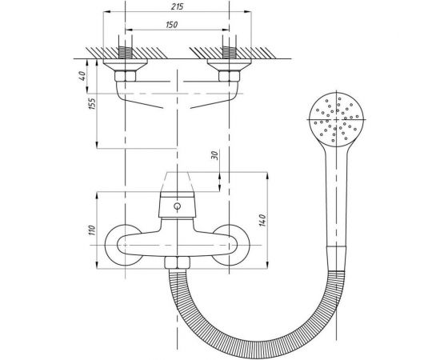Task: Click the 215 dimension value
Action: click(178, 6)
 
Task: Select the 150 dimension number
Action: click(172, 25)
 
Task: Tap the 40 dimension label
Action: click(82, 76)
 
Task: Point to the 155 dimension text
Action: click(92, 103)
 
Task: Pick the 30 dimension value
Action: click(214, 155)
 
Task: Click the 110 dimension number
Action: click(92, 230)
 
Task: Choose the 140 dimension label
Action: click(262, 220)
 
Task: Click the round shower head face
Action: click(337, 119)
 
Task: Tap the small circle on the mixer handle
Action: click(177, 206)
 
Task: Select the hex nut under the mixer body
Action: click(177, 263)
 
